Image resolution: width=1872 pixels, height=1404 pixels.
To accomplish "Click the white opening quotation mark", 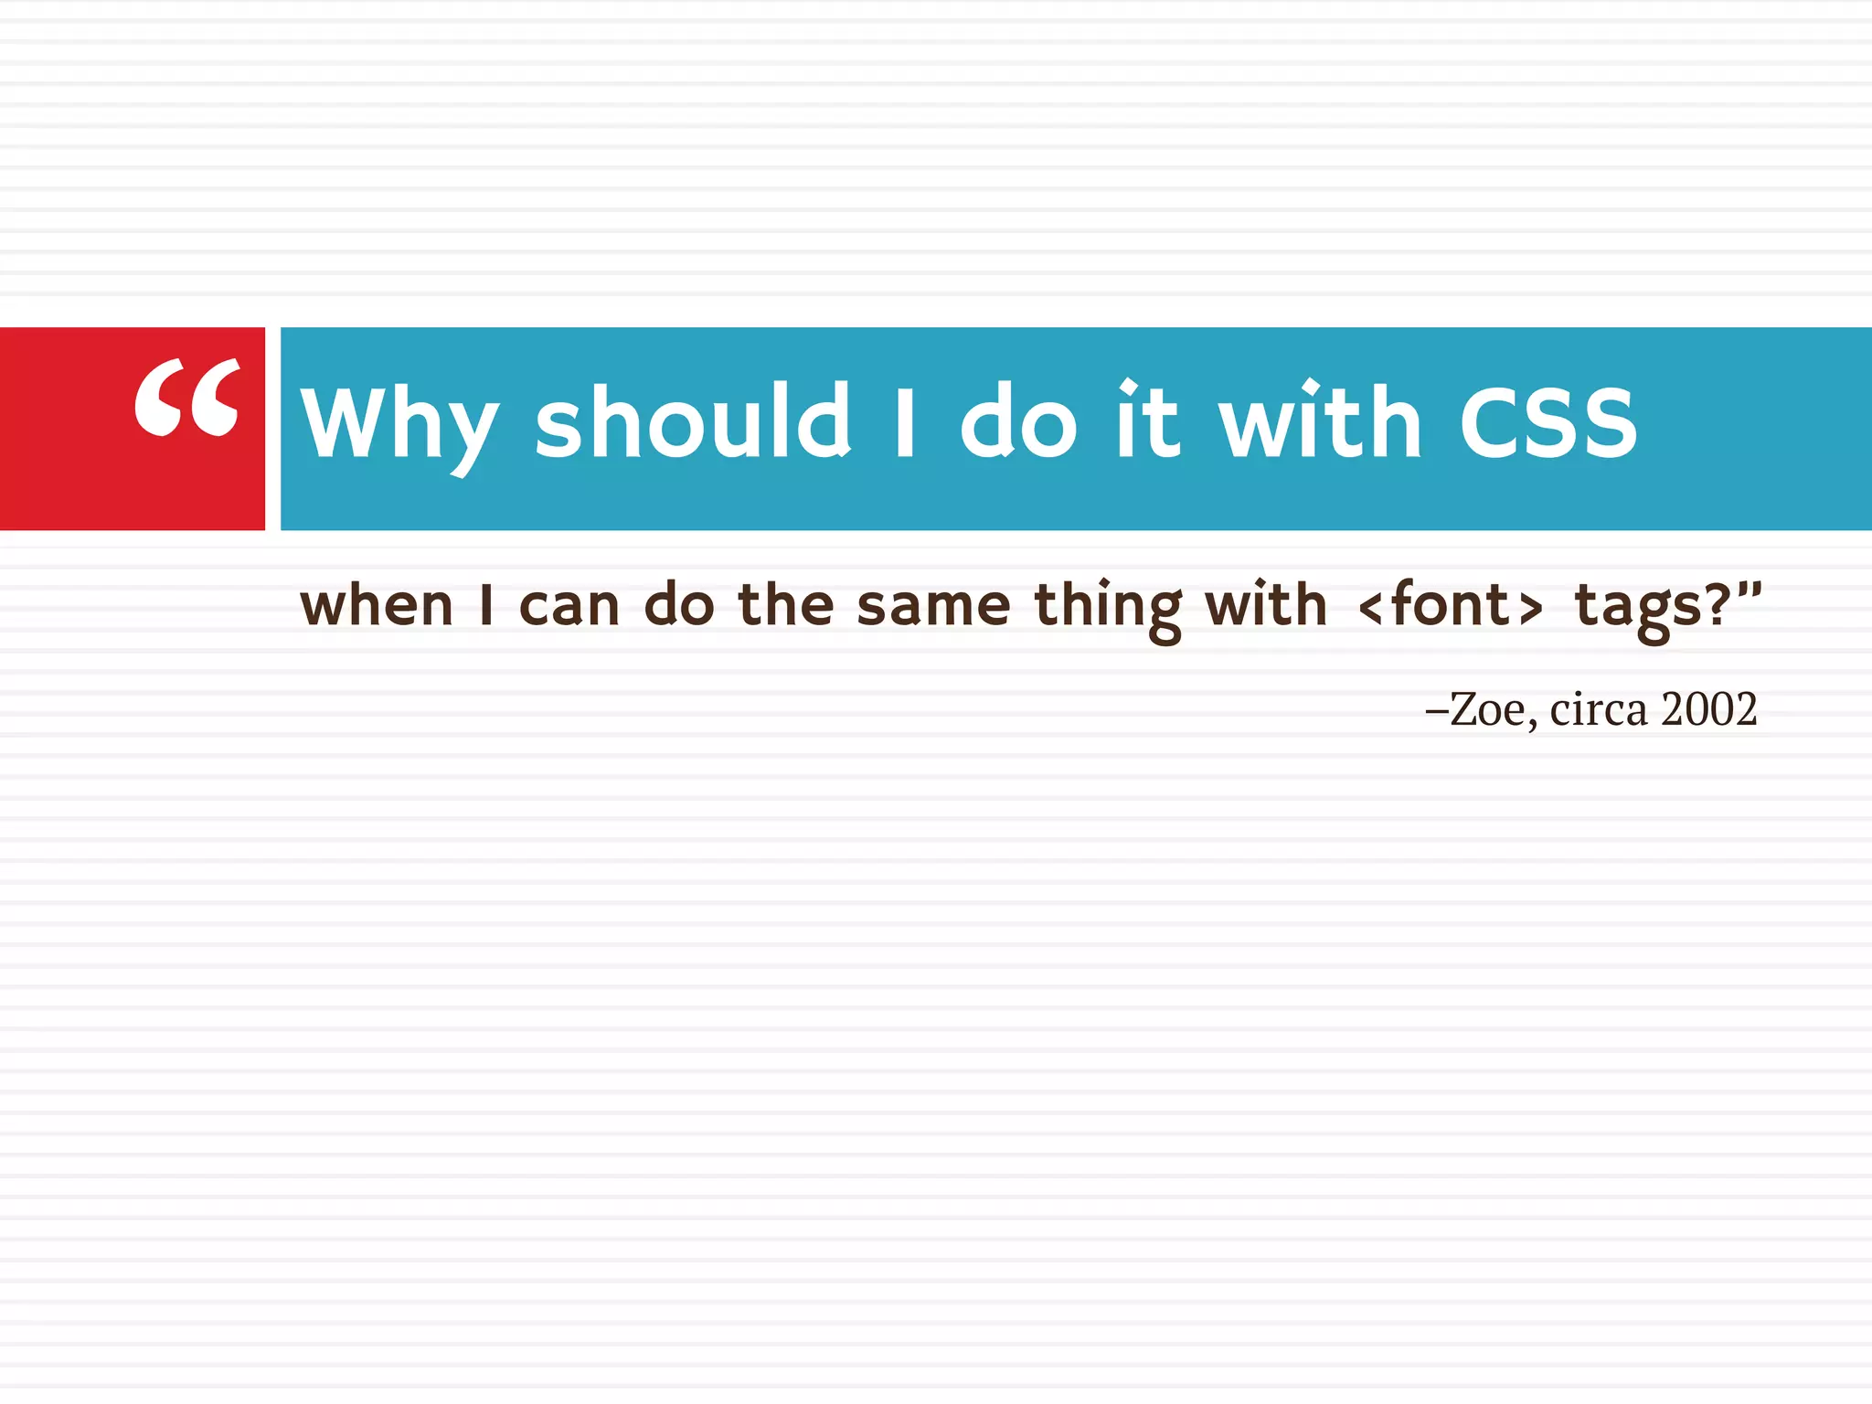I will (187, 398).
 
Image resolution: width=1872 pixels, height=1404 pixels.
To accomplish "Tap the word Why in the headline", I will (399, 423).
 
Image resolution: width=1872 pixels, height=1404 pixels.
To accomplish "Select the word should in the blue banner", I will (693, 420).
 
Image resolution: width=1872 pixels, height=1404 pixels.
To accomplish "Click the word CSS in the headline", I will (1548, 422).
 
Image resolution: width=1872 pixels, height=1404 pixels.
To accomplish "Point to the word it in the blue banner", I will (1147, 420).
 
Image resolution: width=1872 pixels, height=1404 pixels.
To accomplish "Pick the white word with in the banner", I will (1320, 420).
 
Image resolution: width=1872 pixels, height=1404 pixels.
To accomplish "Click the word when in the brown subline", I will (377, 606).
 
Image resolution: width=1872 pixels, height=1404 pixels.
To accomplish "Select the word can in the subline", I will (569, 606).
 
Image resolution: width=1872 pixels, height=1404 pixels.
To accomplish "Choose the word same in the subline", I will (933, 606).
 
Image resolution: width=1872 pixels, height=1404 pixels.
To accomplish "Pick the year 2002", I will (1708, 709).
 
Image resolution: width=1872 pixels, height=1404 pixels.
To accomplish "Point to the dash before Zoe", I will (1436, 710).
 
